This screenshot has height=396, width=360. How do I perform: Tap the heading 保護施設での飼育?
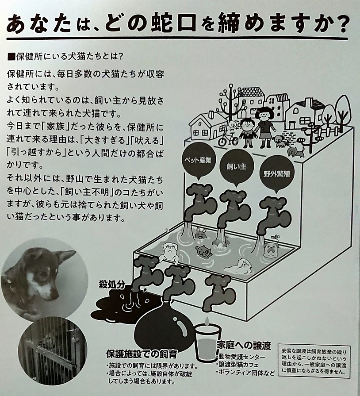pyautogui.click(x=142, y=354)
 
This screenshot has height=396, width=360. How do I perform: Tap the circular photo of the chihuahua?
pyautogui.click(x=38, y=274)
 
